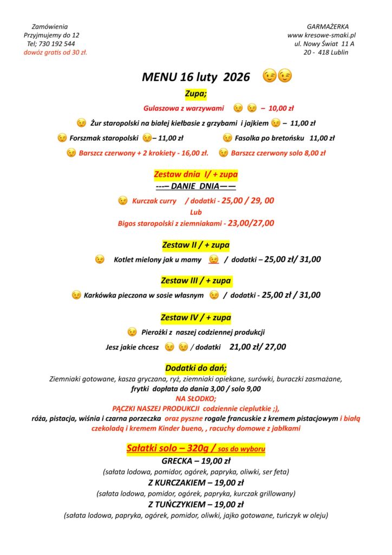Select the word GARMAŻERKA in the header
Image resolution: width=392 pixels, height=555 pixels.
pos(328,27)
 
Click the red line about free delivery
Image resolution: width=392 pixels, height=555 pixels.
pos(55,53)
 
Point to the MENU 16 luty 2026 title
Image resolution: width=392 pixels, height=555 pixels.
pos(196,77)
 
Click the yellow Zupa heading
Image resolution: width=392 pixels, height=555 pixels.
pos(196,94)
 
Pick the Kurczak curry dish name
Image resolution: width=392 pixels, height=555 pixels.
pos(154,201)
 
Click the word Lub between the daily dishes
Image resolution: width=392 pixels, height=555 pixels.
pos(196,212)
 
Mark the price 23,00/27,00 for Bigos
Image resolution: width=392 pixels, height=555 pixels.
pos(251,223)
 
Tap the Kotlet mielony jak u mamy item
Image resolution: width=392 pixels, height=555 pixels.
pos(158,260)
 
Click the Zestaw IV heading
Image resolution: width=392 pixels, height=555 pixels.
pos(196,317)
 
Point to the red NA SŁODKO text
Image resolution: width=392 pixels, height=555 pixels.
pos(196,398)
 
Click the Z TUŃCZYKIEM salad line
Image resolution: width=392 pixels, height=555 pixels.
pos(196,505)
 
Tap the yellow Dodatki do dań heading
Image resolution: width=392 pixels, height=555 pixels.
pos(196,368)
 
